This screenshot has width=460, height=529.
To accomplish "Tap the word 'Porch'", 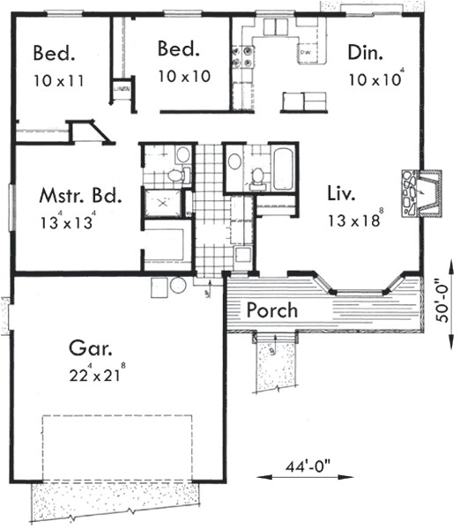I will point(271,311).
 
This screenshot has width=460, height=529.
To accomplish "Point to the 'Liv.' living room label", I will point(339,191).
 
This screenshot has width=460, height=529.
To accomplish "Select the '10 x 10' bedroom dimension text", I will point(183,77).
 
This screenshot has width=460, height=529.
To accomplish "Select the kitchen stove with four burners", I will point(242,57).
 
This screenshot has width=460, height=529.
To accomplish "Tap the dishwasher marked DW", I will point(306,54).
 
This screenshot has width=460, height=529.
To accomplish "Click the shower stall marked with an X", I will point(164,204).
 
